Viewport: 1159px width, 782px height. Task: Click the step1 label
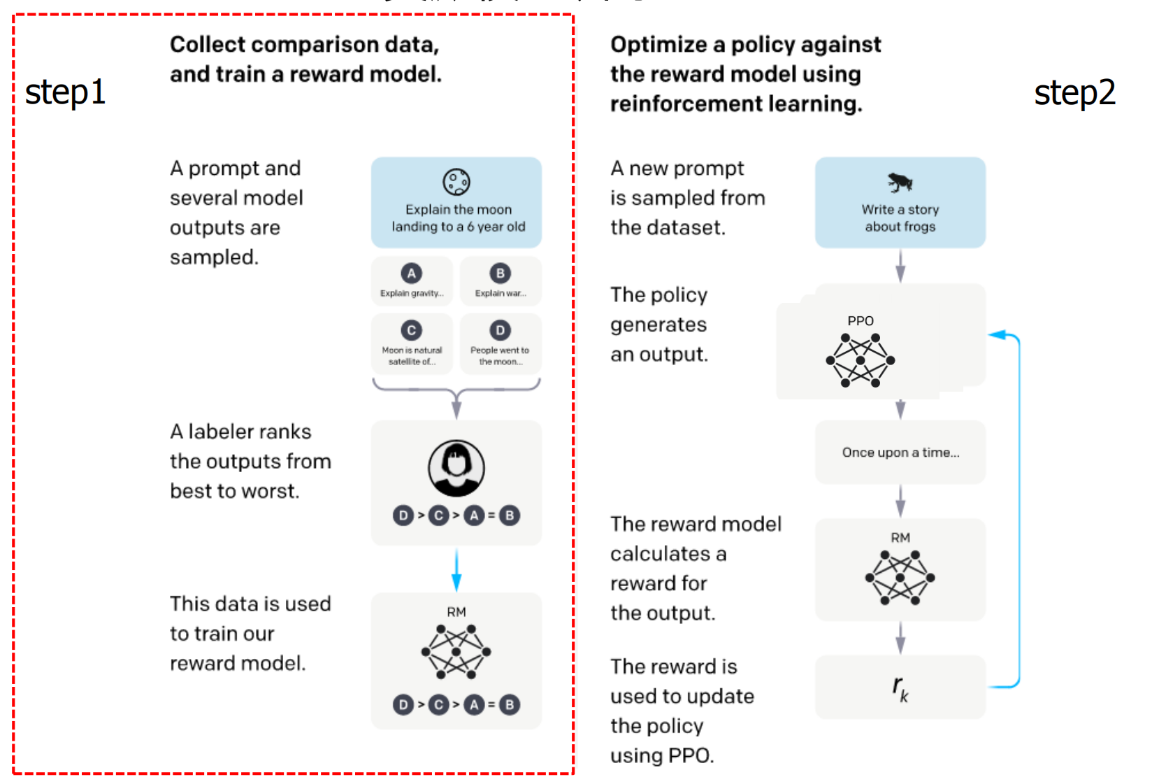[x=65, y=92]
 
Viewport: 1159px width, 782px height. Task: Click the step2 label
[x=1074, y=92]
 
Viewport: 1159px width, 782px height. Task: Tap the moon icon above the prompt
[x=456, y=182]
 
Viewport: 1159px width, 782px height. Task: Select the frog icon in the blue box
[x=900, y=182]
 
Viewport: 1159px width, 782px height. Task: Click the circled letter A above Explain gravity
[x=412, y=273]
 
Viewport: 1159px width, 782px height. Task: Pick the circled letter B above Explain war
[x=500, y=273]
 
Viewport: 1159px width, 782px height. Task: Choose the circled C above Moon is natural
[x=412, y=330]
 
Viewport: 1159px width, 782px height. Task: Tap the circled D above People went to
[x=500, y=330]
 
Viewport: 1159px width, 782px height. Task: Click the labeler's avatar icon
[x=456, y=468]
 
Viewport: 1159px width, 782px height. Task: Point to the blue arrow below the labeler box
[x=456, y=570]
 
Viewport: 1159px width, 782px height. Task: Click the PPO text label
[x=861, y=321]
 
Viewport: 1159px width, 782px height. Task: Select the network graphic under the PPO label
[x=861, y=360]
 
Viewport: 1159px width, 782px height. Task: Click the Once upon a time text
[x=900, y=453]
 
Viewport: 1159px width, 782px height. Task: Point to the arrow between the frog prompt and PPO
[x=900, y=266]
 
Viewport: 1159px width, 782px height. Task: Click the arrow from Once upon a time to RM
[x=900, y=501]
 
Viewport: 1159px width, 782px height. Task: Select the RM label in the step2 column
[x=900, y=538]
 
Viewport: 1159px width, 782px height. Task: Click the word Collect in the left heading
[x=207, y=45]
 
